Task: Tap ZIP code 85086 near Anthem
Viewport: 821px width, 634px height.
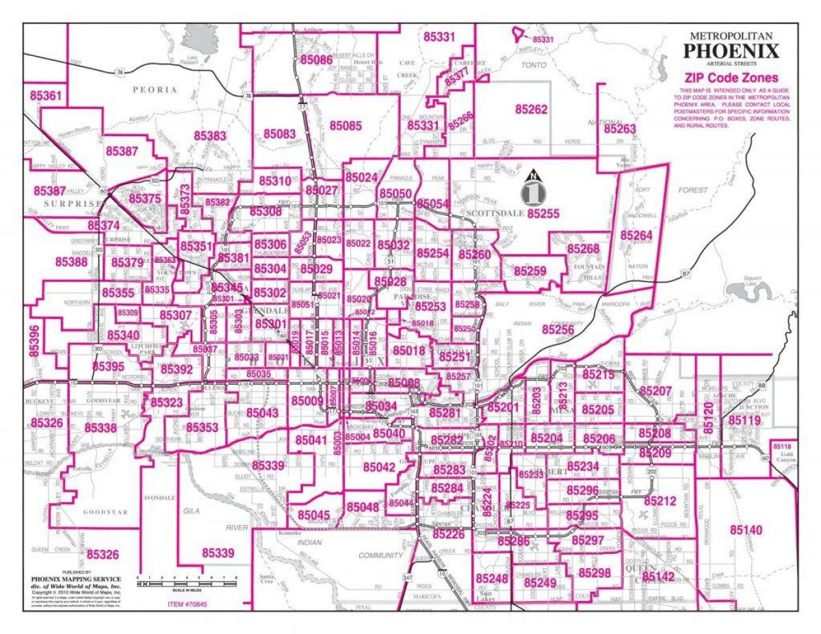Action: [316, 60]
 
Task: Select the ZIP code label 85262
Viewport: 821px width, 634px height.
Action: [532, 109]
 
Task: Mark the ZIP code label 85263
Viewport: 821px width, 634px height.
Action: [620, 128]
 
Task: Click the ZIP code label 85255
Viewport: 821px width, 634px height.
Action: [544, 214]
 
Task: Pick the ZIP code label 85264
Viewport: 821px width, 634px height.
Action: [636, 234]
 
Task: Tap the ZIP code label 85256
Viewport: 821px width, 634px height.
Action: [558, 329]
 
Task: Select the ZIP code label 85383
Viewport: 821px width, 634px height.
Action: [209, 136]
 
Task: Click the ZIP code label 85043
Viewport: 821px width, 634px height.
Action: [262, 413]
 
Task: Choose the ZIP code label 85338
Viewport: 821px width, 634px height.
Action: [101, 428]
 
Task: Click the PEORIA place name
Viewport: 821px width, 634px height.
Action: [155, 90]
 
